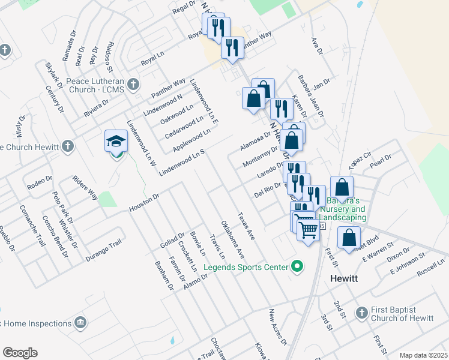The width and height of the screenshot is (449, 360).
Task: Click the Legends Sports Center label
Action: pyautogui.click(x=245, y=266)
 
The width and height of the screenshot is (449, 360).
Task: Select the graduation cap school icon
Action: pyautogui.click(x=116, y=142)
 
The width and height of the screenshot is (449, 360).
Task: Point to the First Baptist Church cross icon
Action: pyautogui.click(x=361, y=313)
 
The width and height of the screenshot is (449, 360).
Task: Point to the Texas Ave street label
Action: pyautogui.click(x=246, y=226)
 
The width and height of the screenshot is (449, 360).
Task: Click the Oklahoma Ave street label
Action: pyautogui.click(x=232, y=239)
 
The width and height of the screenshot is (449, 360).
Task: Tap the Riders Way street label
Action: pyautogui.click(x=85, y=188)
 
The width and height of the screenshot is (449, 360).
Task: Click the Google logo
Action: pyautogui.click(x=20, y=353)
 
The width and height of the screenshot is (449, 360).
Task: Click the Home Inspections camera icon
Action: pyautogui.click(x=79, y=324)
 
